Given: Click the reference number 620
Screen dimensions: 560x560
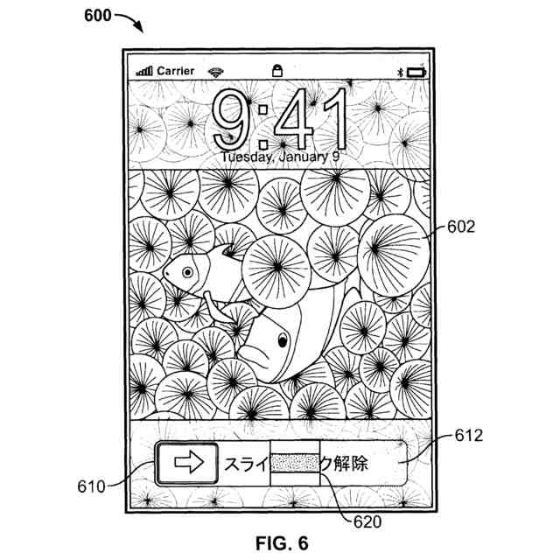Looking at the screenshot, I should click(367, 522).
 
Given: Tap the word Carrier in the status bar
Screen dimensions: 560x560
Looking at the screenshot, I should click(176, 70).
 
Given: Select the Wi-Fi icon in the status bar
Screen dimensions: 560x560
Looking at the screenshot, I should click(214, 70).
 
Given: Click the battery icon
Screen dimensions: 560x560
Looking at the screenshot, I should click(423, 70).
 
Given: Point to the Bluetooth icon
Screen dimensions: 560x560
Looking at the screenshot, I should click(404, 70).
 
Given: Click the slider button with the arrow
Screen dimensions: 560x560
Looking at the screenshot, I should click(187, 464).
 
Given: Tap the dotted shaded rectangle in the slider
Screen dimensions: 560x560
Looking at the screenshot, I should click(297, 464).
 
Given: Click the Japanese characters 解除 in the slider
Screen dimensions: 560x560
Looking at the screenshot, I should click(351, 464).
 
